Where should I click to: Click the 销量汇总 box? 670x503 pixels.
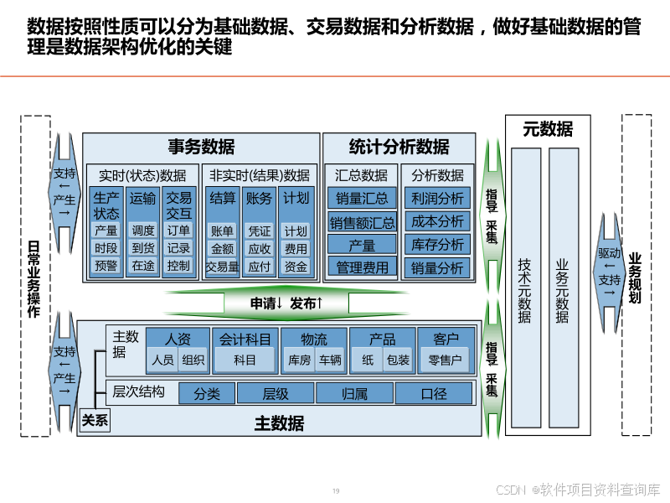pos(362,199)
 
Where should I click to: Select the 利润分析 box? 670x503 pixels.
pos(436,199)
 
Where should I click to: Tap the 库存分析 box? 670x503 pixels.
pos(436,245)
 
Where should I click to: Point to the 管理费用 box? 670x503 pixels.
pos(362,267)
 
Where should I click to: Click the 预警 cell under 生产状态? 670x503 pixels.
pos(106,266)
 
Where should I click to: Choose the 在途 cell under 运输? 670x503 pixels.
pos(143,266)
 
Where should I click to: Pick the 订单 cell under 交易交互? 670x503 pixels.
pos(178,231)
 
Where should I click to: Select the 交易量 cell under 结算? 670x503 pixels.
pos(222,267)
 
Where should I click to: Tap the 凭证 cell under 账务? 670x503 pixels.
pos(260,231)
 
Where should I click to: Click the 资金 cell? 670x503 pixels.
pos(296,267)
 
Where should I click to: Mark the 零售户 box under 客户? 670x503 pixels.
pos(446,360)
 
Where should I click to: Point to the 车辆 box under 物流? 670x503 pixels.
pos(330,360)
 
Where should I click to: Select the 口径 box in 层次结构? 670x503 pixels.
pos(434,393)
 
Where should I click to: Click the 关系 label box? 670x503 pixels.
pos(95,422)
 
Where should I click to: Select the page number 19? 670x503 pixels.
pos(336,491)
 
